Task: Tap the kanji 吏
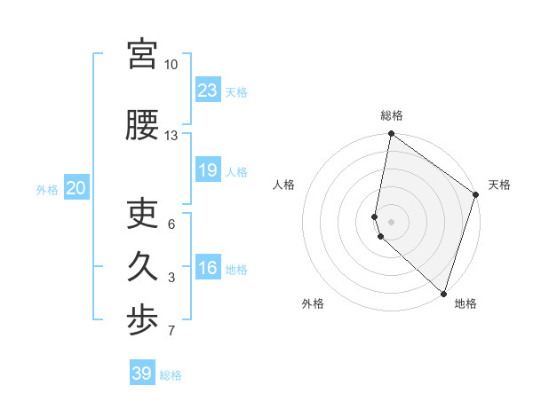[x=143, y=214]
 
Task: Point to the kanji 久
[x=143, y=267]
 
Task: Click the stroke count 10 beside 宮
[x=171, y=65]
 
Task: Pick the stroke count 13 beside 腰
[x=171, y=136]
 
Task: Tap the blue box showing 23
[x=208, y=90]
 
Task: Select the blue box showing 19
[x=208, y=169]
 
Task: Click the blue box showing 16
[x=208, y=268]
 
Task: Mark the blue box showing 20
[x=76, y=187]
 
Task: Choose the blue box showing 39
[x=142, y=374]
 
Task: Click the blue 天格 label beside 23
[x=236, y=91]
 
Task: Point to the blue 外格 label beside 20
[x=47, y=189]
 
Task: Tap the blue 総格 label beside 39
[x=171, y=375]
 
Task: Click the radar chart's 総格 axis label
[x=392, y=115]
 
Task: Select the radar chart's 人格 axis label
[x=284, y=185]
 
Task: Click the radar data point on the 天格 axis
[x=476, y=195]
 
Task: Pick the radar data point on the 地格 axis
[x=443, y=293]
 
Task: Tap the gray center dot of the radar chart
[x=392, y=221]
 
